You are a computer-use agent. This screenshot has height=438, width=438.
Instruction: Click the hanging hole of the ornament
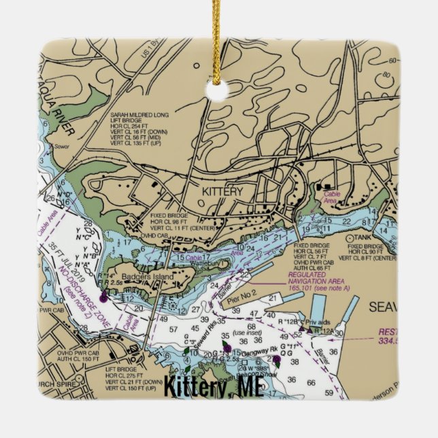(219, 92)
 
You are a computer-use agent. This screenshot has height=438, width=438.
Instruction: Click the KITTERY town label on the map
(222, 192)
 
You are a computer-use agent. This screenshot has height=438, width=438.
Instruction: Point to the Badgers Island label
(152, 277)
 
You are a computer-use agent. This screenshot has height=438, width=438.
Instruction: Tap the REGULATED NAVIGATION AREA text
(316, 277)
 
